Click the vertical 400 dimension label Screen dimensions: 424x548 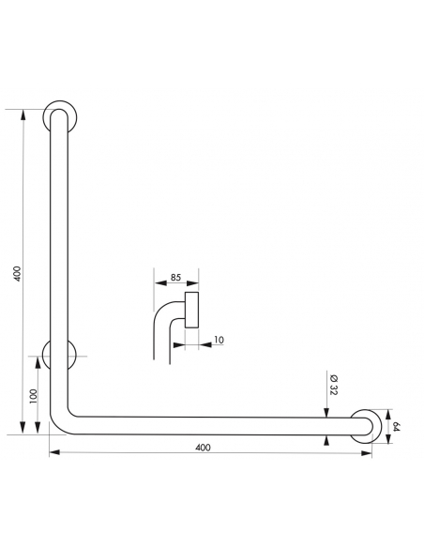pos(18,274)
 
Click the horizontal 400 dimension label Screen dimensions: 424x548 pos(203,448)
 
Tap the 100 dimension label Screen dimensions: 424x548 pos(33,396)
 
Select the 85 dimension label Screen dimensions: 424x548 pos(175,277)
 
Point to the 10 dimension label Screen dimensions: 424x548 pos(219,340)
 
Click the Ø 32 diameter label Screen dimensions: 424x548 pos(333,385)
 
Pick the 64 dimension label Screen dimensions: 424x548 pos(396,427)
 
